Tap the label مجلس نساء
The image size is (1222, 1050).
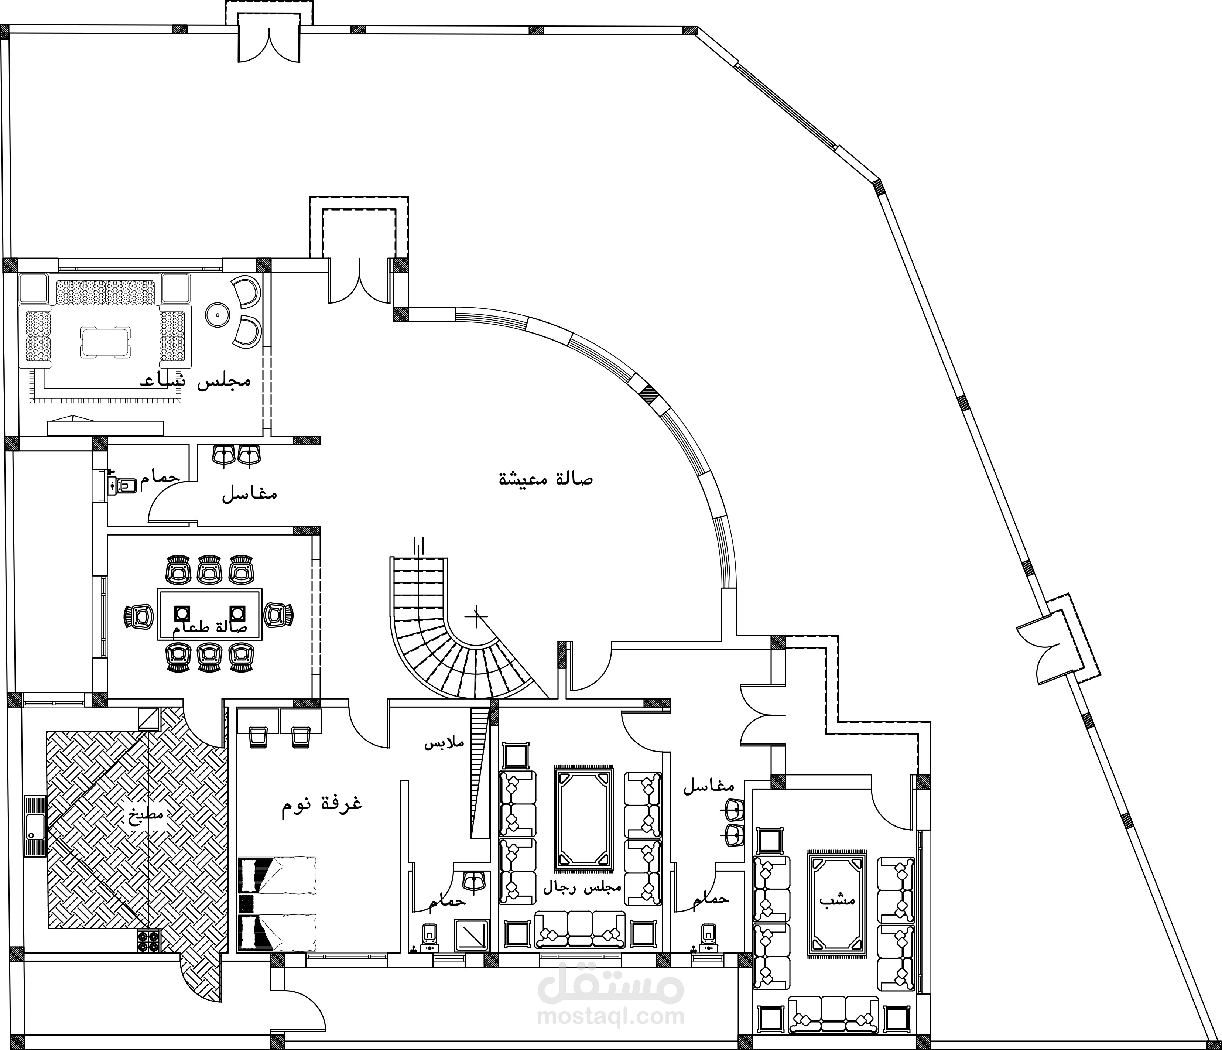[195, 381]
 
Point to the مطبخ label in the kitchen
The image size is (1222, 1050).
[147, 816]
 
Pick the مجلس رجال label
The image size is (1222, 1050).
[582, 903]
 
